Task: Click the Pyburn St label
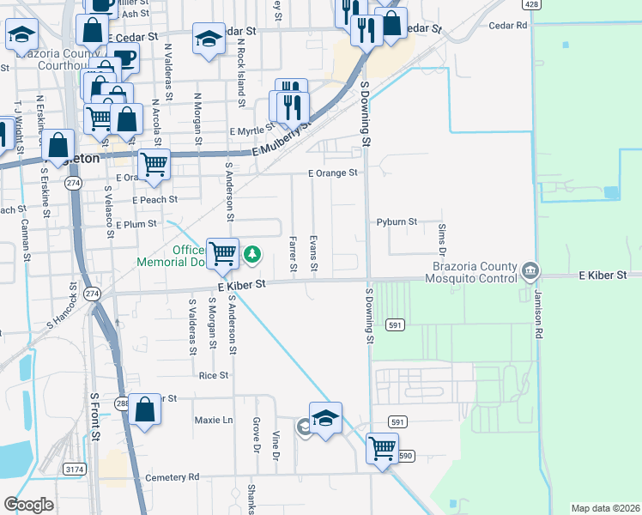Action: [x=397, y=221]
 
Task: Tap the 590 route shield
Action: [x=405, y=456]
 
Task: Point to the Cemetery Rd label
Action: [x=172, y=476]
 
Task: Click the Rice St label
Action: [x=214, y=375]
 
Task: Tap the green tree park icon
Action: [x=252, y=253]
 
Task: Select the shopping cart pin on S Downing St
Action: [x=382, y=448]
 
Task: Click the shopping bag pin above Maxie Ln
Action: [x=146, y=409]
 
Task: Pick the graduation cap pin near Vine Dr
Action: [x=325, y=418]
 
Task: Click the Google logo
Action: [x=28, y=504]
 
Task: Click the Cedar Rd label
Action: [x=507, y=26]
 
